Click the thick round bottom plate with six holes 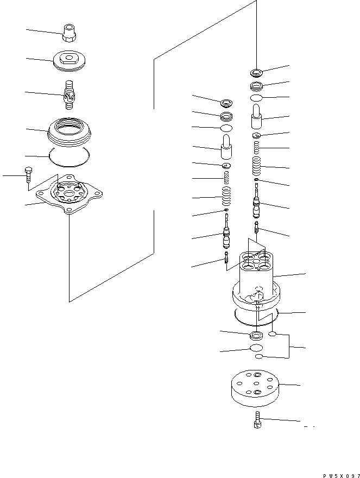[255, 388]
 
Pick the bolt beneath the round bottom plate [257, 420]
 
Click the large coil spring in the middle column [226, 194]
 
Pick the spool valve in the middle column [226, 236]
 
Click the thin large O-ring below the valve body [255, 314]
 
